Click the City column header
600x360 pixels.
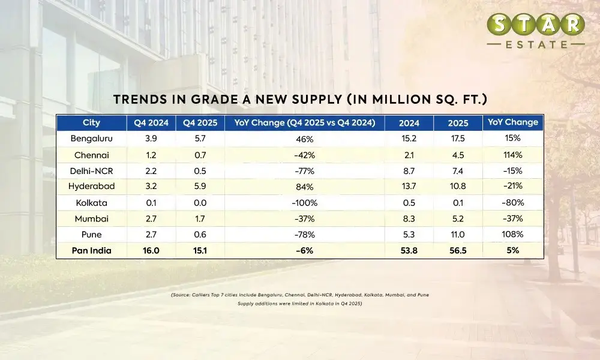[x=91, y=122]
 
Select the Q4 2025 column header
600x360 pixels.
[x=200, y=122]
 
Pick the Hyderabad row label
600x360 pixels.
[x=91, y=187]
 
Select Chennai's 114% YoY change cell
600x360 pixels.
[x=513, y=155]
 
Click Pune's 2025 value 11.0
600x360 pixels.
[x=458, y=235]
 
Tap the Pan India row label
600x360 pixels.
[x=91, y=251]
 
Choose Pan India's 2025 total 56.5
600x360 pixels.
[x=458, y=251]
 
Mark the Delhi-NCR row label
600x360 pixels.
[x=91, y=170]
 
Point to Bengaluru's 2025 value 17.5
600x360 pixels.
[x=458, y=139]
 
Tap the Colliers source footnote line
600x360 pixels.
[x=300, y=295]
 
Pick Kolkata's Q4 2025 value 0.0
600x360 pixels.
[x=200, y=203]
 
